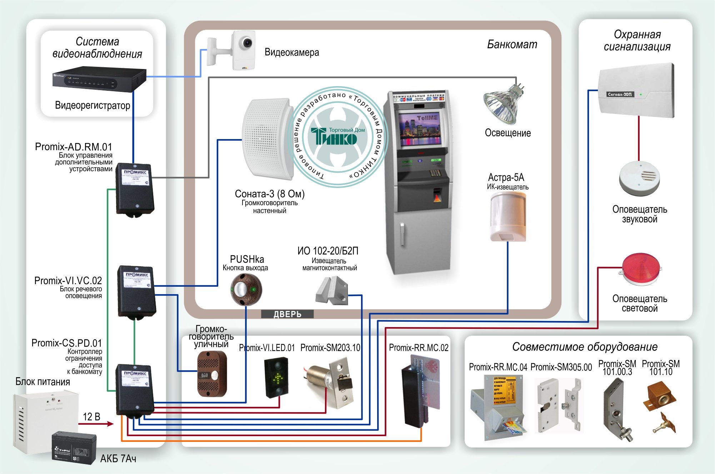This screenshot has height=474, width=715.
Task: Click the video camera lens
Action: pyautogui.click(x=246, y=43)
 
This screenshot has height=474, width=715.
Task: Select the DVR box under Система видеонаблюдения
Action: pyautogui.click(x=99, y=79)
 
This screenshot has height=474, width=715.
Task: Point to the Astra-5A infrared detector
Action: pyautogui.click(x=508, y=217)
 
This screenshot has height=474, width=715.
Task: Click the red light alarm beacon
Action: pyautogui.click(x=641, y=269)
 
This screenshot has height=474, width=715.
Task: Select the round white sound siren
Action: pyautogui.click(x=639, y=178)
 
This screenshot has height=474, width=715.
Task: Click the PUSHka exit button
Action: pyautogui.click(x=246, y=289)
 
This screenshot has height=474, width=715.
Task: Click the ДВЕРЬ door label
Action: pyautogui.click(x=287, y=314)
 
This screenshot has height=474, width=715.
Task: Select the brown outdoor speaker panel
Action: pyautogui.click(x=212, y=374)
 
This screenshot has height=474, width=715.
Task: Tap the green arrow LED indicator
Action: pyautogui.click(x=277, y=377)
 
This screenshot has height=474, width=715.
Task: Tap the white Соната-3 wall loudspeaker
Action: pyautogui.click(x=267, y=139)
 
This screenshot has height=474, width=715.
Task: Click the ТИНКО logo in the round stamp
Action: pyautogui.click(x=334, y=136)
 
